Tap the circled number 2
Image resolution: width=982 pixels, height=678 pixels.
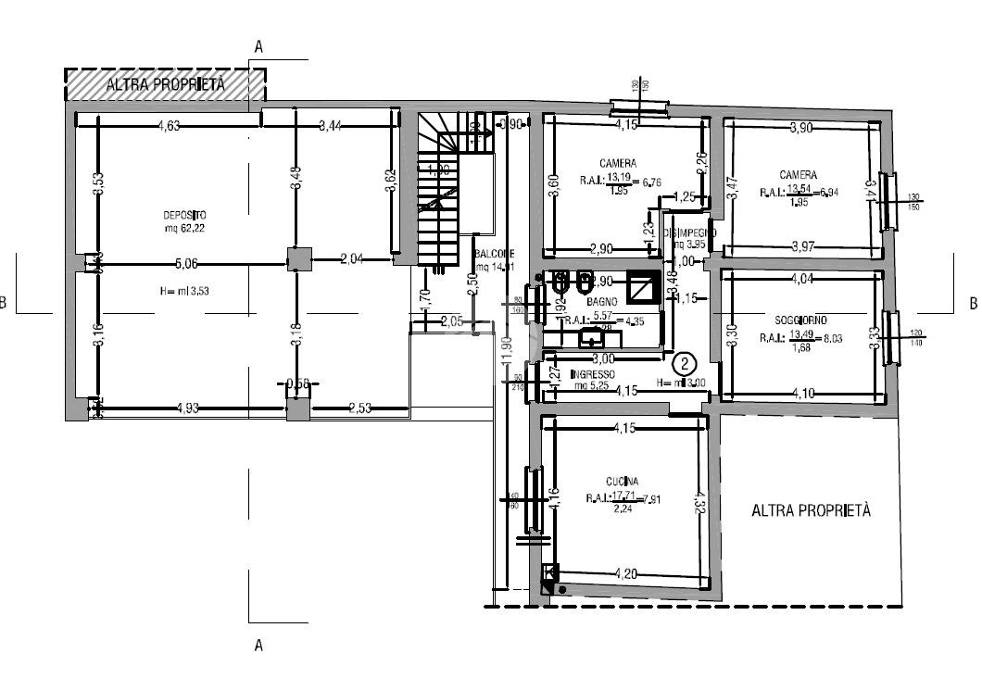pos(685,363)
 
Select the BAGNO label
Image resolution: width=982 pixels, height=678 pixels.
pos(602,302)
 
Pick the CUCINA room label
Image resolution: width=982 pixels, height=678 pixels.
pos(622,481)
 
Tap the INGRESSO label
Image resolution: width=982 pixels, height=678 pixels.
pos(592,374)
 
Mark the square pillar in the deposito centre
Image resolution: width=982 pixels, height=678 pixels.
pos(297,260)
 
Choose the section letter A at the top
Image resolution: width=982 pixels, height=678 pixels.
pos(258,45)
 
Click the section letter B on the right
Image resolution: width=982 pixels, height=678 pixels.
pos(972,303)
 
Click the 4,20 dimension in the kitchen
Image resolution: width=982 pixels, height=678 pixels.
pos(625,574)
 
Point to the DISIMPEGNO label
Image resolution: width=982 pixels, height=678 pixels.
pos(690,232)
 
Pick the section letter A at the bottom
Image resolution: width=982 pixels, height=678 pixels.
pos(258,645)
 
